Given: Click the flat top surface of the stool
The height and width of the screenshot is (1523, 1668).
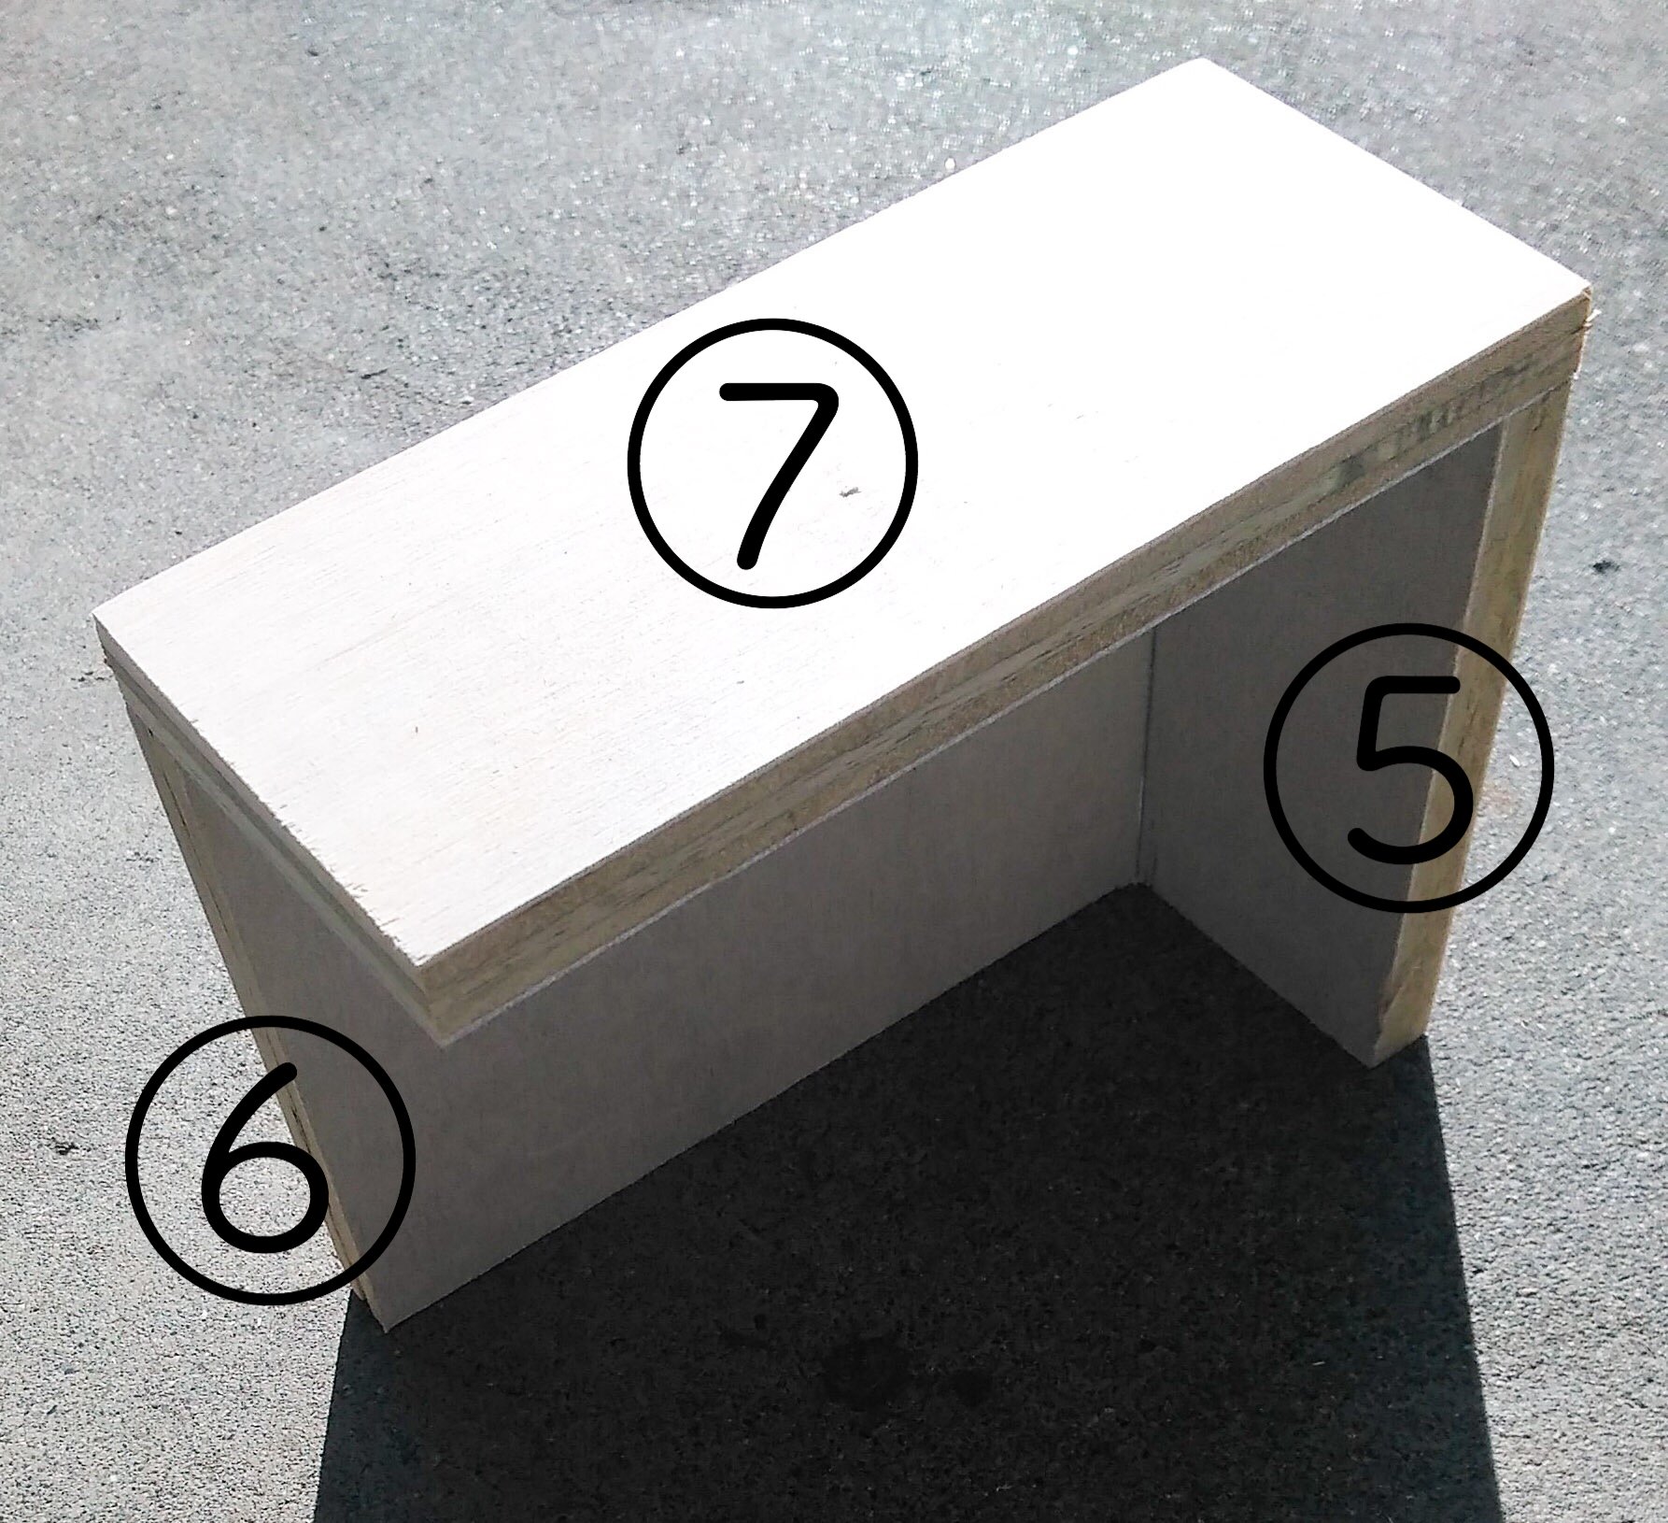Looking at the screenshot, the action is pyautogui.click(x=747, y=467).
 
